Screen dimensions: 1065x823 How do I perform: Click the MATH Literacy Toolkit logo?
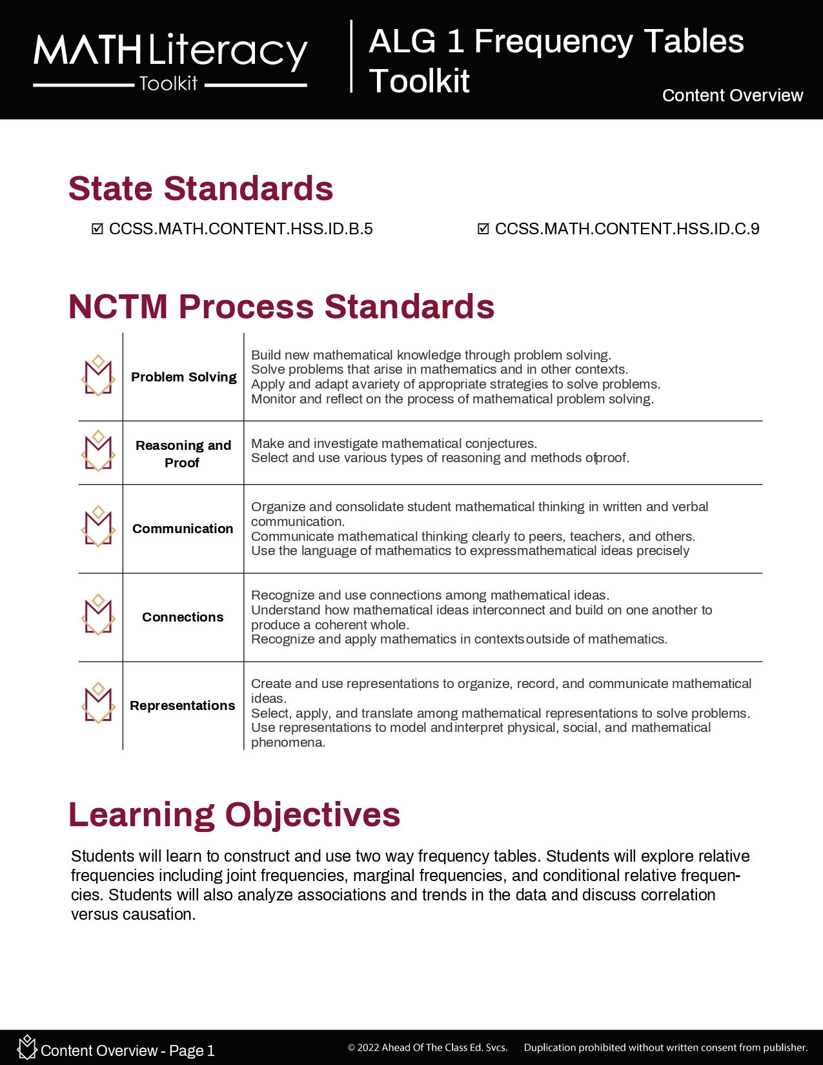[170, 61]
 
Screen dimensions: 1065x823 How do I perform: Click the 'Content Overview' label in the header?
[732, 96]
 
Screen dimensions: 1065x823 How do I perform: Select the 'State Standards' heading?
[201, 188]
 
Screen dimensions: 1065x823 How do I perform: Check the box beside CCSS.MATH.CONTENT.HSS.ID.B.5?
[97, 229]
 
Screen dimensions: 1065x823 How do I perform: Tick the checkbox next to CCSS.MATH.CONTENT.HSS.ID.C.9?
[483, 229]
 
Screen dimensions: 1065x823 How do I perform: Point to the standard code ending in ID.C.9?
[627, 229]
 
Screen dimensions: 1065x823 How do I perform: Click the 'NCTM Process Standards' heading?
[281, 307]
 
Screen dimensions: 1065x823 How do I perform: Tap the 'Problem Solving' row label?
[183, 377]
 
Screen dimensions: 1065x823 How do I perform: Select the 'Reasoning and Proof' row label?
[183, 454]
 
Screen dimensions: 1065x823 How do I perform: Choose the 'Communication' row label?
[183, 529]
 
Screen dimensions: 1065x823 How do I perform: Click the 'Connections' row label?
[183, 617]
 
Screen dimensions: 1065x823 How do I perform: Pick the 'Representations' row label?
[183, 705]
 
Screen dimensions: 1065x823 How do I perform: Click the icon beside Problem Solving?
[98, 376]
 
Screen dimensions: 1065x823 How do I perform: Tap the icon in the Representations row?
[98, 703]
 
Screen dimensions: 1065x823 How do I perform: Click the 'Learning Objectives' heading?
[234, 815]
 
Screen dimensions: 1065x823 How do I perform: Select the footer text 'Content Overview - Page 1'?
[127, 1051]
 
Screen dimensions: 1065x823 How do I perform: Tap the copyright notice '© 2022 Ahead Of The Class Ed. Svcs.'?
[427, 1048]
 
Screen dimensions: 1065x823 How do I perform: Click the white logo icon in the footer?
[27, 1047]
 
